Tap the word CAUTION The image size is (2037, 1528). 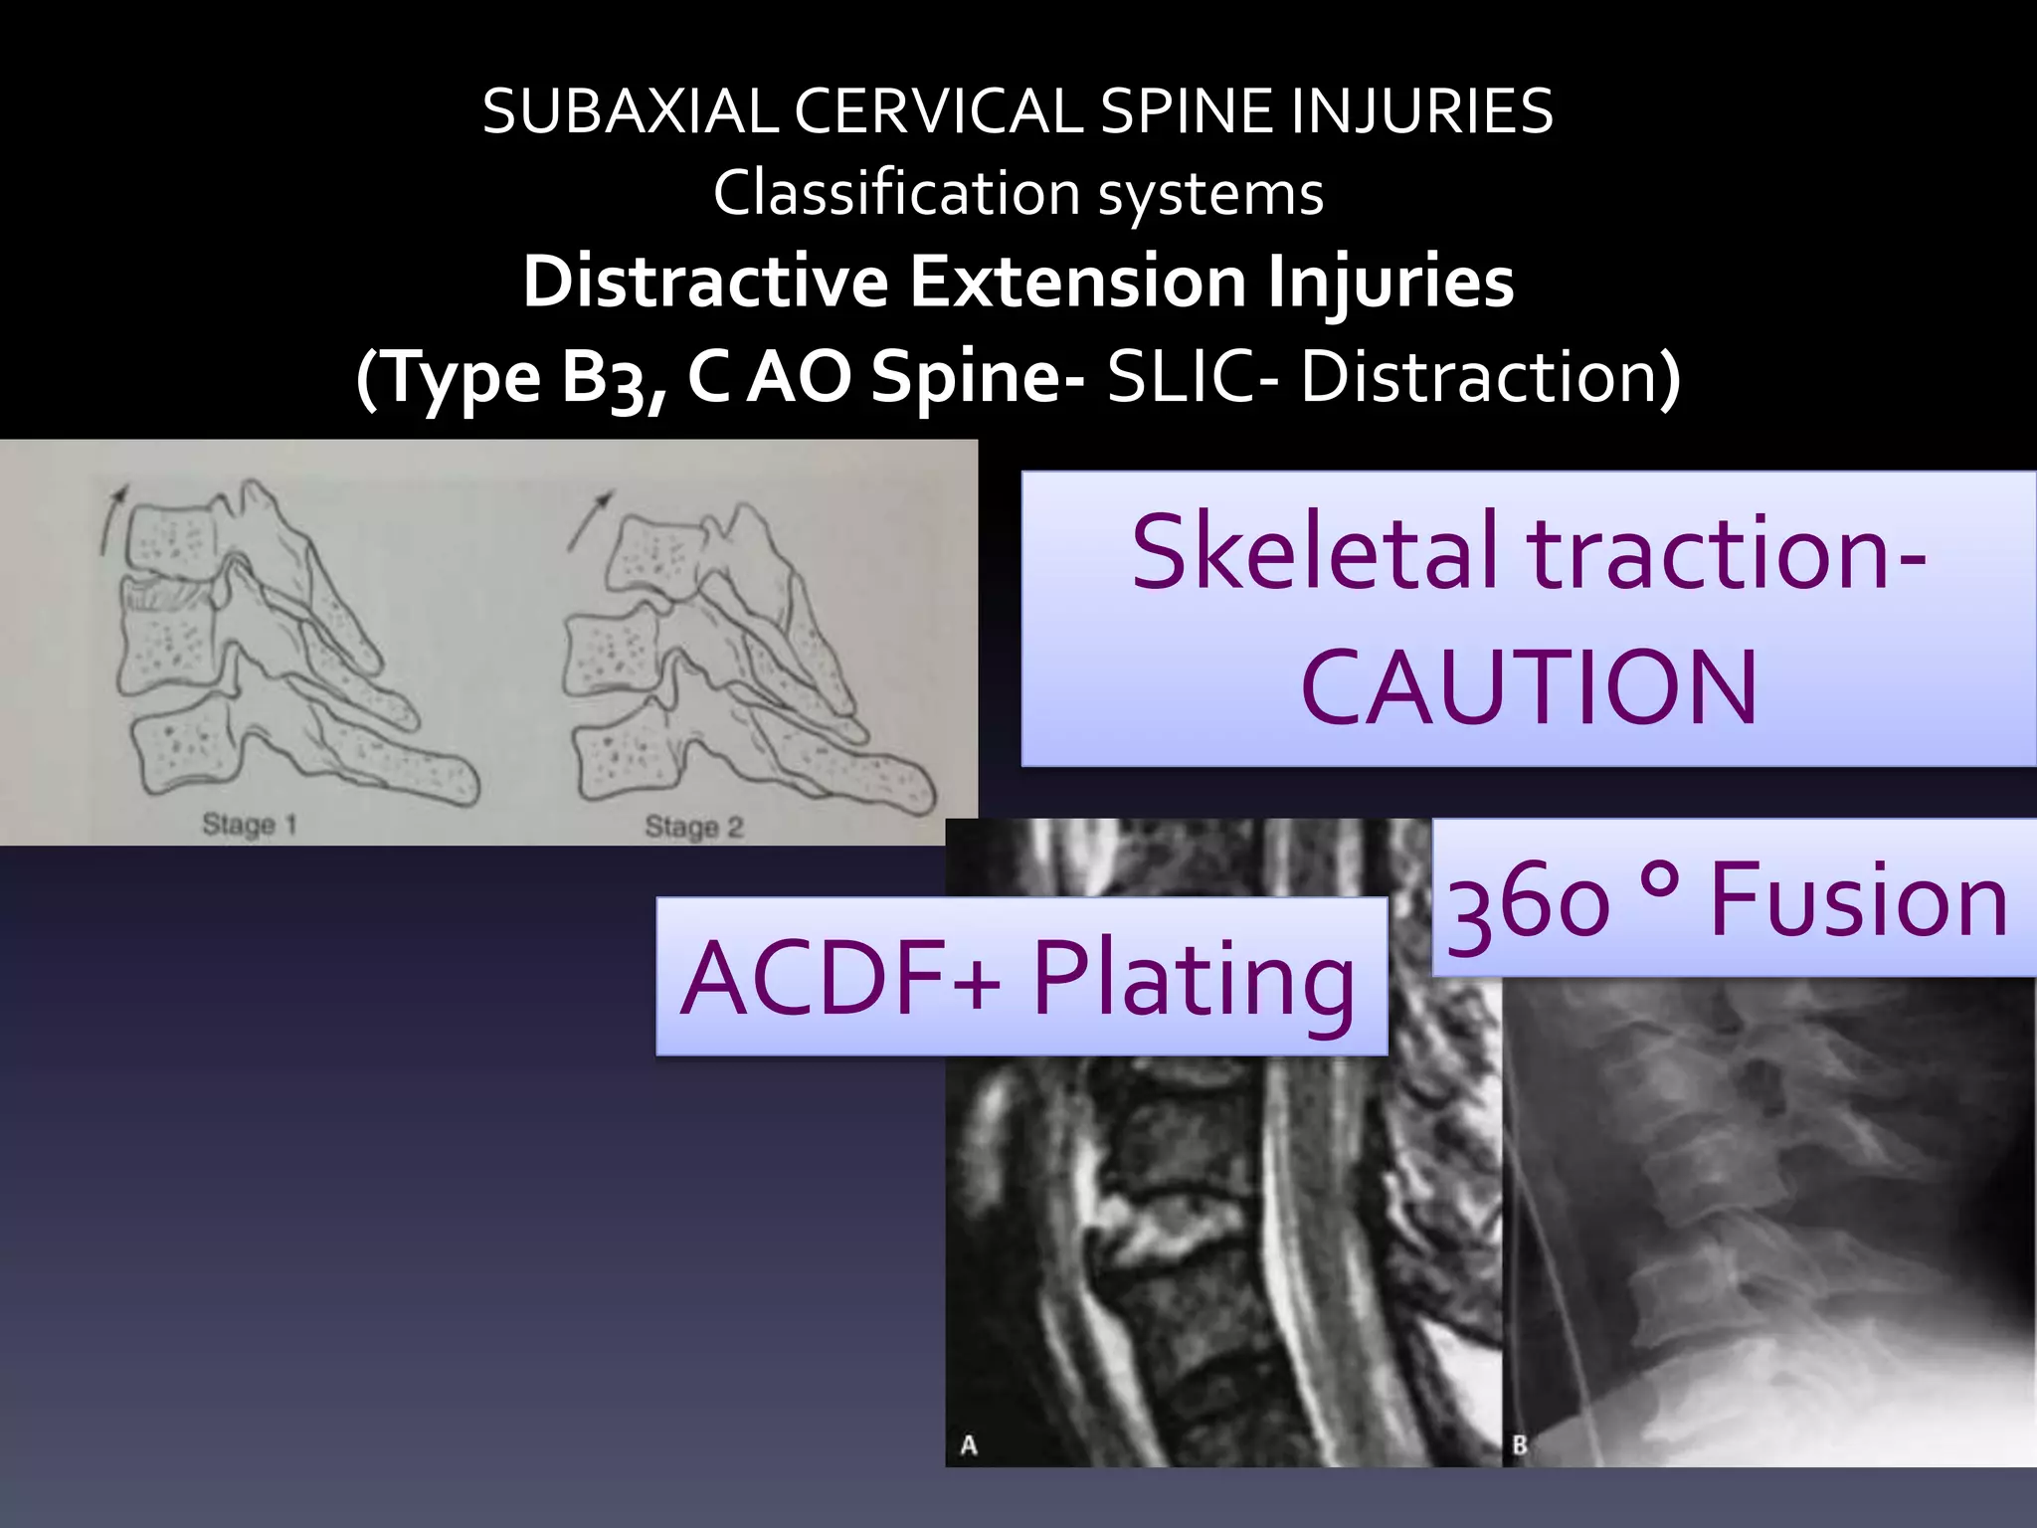(x=1529, y=687)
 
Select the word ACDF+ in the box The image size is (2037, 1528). (x=840, y=979)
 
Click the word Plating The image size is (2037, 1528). (x=1194, y=979)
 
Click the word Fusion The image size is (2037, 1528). (x=1858, y=900)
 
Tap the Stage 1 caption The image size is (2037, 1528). (x=250, y=825)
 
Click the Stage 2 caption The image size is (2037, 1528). (x=693, y=827)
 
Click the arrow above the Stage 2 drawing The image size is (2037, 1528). (x=590, y=518)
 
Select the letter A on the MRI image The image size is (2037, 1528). (x=968, y=1444)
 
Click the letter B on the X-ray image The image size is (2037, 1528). (x=1519, y=1444)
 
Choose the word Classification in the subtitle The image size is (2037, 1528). (x=896, y=193)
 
